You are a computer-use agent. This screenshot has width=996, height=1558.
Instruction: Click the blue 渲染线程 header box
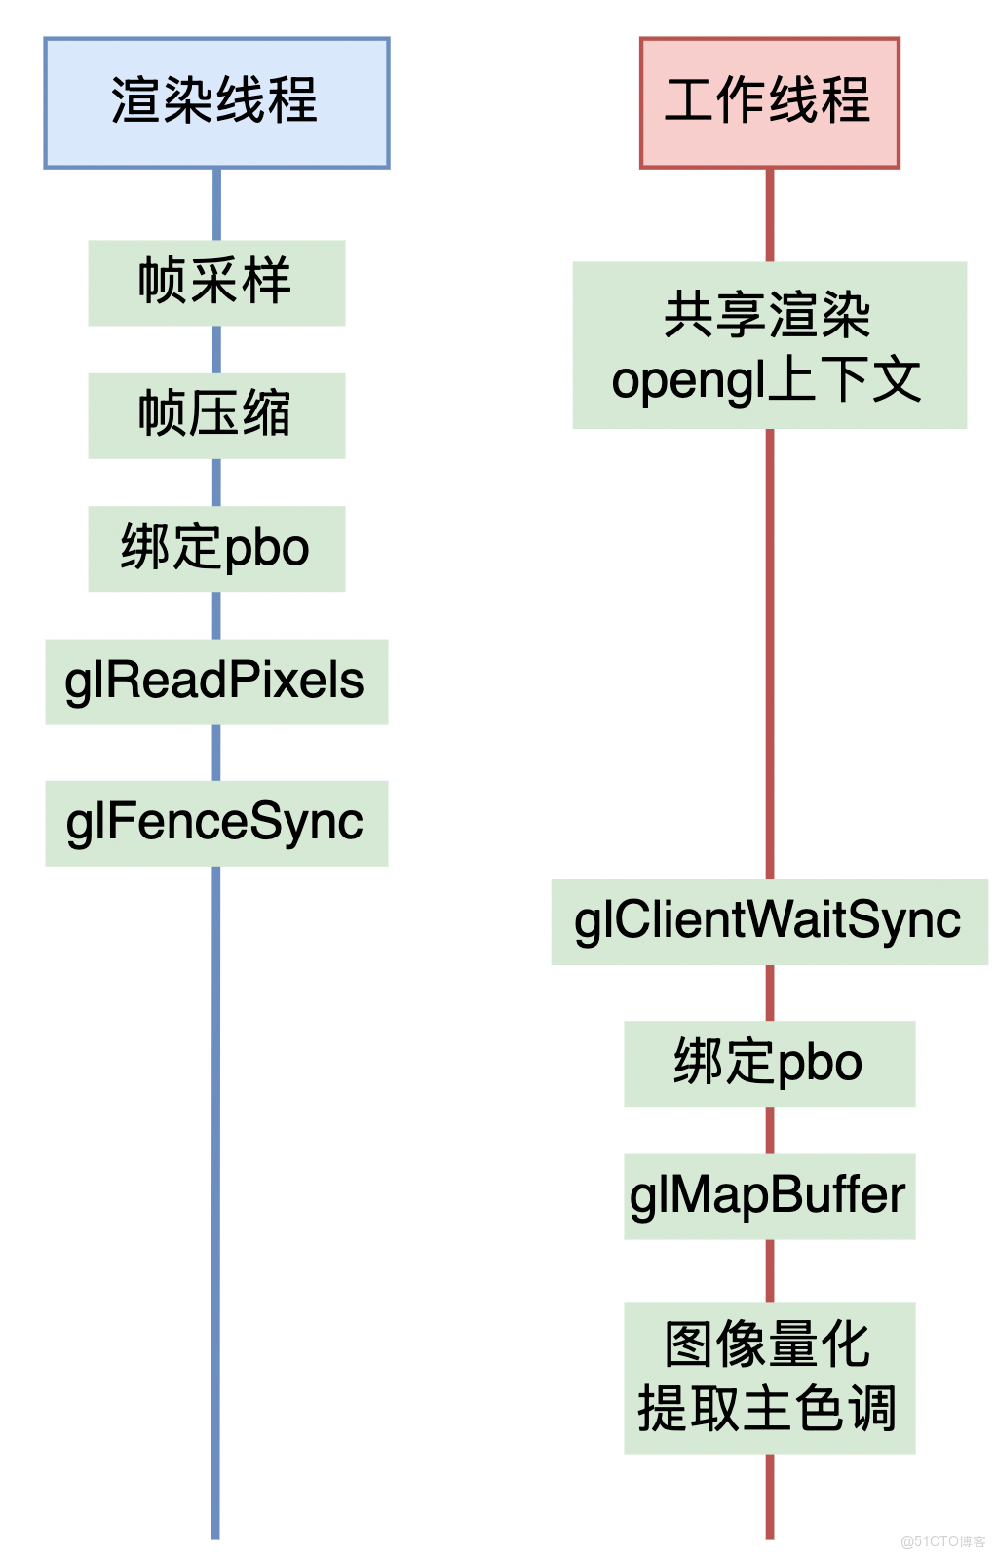(216, 102)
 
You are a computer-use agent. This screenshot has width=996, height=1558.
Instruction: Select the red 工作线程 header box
(769, 102)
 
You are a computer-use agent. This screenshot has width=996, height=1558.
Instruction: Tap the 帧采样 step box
(216, 282)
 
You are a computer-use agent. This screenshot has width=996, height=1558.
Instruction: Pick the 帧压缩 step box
(216, 414)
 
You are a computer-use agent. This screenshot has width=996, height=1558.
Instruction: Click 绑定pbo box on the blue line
(216, 548)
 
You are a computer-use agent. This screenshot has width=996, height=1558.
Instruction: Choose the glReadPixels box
(216, 681)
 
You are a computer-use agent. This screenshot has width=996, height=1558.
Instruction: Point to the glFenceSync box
(216, 822)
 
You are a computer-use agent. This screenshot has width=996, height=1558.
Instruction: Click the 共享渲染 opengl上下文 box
(769, 344)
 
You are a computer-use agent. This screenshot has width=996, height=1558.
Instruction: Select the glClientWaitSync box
(769, 921)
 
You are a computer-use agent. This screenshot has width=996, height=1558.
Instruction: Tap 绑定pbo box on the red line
(769, 1063)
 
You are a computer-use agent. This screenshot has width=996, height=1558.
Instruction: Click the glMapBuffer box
(769, 1195)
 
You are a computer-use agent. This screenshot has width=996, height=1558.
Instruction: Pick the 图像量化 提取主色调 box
(769, 1377)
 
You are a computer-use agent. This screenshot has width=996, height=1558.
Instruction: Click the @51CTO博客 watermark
(942, 1540)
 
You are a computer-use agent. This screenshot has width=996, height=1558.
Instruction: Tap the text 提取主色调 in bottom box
(767, 1410)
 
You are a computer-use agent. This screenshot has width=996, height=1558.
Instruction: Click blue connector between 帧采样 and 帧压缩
(216, 349)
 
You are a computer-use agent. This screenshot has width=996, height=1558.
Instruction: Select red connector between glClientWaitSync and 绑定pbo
(770, 993)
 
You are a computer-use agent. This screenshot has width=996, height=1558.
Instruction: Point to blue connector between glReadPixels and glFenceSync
(216, 752)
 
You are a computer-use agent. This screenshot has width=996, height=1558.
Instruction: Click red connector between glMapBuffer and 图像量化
(770, 1269)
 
